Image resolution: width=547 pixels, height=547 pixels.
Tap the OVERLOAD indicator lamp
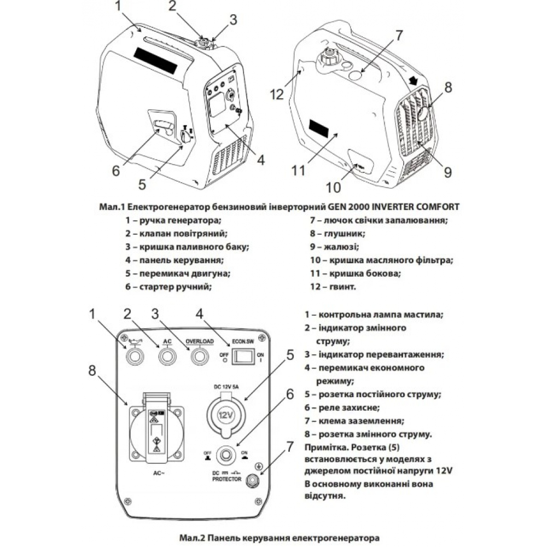(x=200, y=357)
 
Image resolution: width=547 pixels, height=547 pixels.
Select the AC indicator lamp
(x=167, y=357)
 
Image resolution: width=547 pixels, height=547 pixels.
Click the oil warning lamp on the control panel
(x=134, y=357)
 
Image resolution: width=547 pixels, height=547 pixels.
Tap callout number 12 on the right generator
(x=277, y=94)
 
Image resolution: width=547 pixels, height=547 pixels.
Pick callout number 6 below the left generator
(x=115, y=171)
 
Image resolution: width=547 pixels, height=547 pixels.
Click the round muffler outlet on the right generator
(x=424, y=113)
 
